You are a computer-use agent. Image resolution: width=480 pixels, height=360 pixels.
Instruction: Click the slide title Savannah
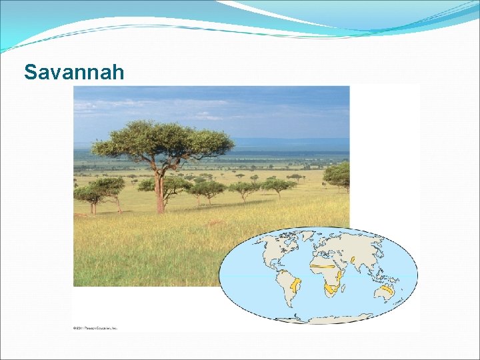[74, 71]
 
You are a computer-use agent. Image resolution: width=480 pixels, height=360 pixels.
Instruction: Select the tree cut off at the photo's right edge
[339, 175]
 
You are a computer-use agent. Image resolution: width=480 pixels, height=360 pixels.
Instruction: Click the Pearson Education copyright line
[95, 328]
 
